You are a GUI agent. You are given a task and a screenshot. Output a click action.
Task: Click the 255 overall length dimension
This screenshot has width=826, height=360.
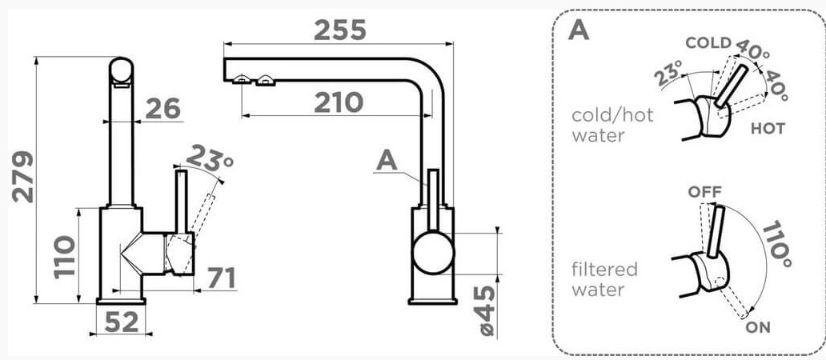coord(340,30)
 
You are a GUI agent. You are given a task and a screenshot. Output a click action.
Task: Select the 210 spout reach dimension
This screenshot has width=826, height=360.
coord(339,102)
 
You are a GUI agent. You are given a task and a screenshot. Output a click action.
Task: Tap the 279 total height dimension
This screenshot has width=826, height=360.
coord(22,177)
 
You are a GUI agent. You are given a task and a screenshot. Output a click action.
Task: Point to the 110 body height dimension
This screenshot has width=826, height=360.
coord(64,257)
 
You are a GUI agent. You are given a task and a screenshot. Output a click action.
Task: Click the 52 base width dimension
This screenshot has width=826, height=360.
coord(122,322)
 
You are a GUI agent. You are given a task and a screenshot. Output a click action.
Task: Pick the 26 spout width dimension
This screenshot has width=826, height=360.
coord(162,109)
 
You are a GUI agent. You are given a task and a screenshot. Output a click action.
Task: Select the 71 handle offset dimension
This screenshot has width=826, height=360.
coord(221,278)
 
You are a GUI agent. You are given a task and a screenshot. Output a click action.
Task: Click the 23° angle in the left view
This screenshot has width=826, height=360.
coord(210,158)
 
